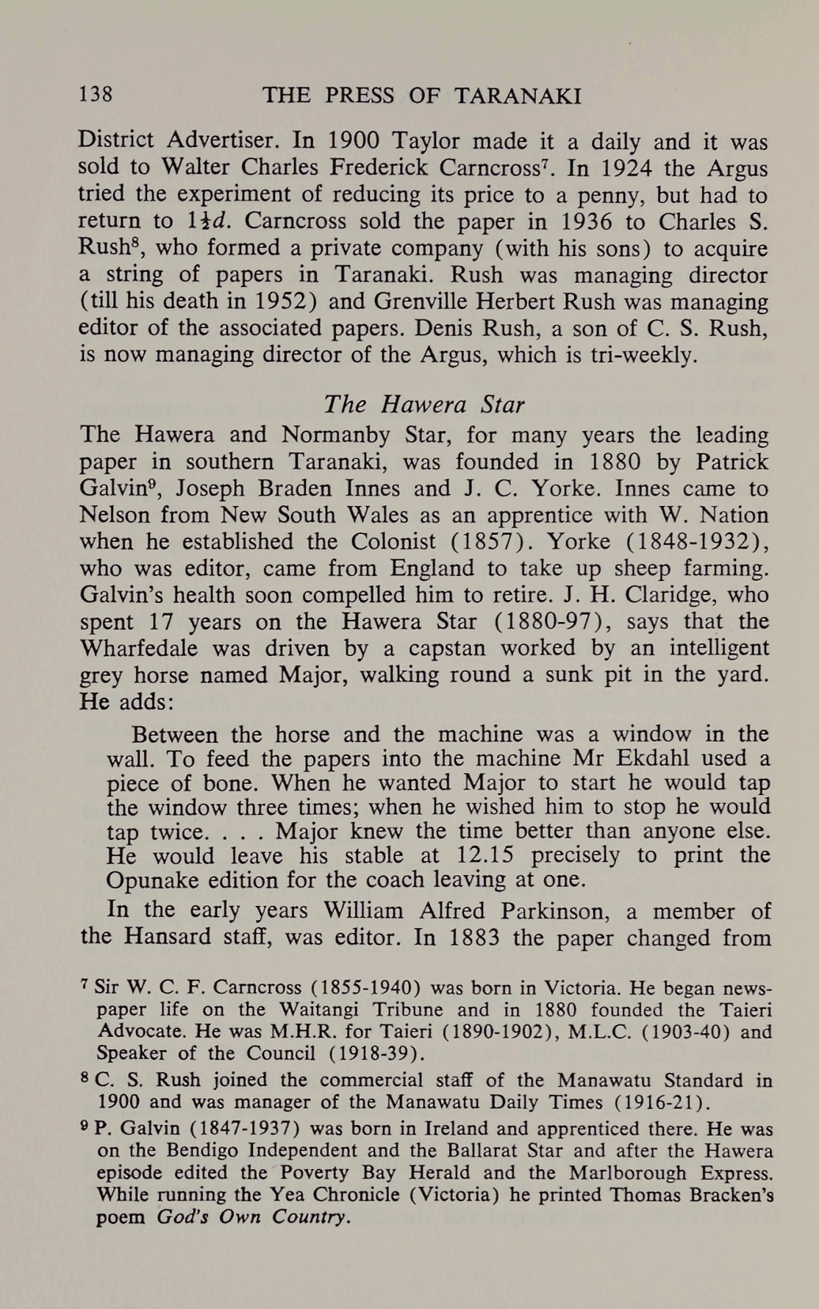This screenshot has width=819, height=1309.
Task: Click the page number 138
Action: (x=96, y=95)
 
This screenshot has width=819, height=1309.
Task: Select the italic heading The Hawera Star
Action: (x=423, y=404)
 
